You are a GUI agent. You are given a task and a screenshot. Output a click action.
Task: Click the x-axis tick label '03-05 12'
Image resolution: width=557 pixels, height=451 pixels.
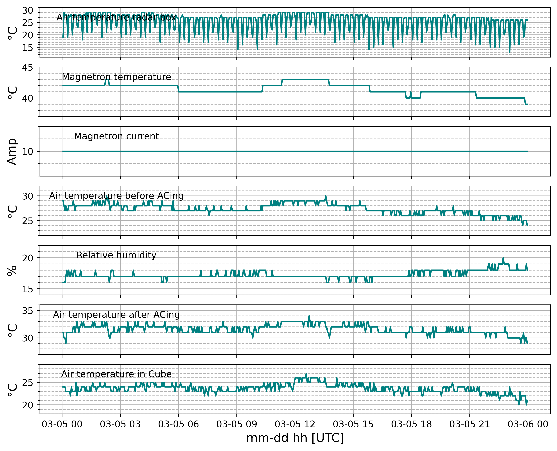295,424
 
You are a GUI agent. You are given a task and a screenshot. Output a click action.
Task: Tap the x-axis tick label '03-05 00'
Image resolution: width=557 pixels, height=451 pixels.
62,424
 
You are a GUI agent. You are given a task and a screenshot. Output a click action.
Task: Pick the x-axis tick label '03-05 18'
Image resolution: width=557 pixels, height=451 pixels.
411,424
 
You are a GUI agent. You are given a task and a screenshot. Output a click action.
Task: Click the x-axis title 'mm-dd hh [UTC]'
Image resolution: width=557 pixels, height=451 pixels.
295,438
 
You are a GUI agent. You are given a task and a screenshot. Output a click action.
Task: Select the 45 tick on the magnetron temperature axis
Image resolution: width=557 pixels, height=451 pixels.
28,68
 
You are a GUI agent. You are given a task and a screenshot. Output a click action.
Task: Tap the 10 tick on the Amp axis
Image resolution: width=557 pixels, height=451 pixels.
28,151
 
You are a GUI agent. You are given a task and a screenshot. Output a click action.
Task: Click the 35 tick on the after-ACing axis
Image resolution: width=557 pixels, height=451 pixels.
28,311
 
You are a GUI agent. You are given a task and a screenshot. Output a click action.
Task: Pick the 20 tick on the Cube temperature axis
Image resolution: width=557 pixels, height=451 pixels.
28,405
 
